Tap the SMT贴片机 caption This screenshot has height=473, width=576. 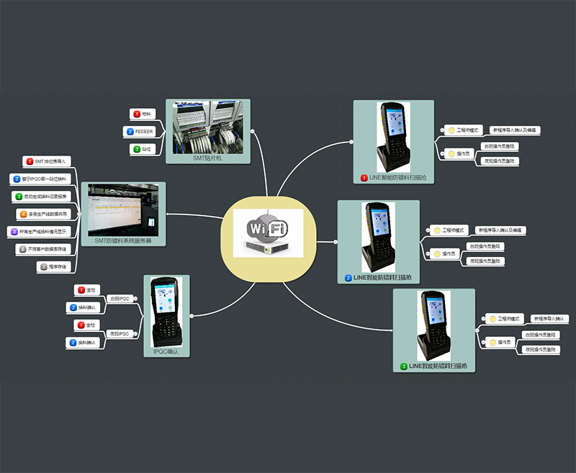click(x=207, y=158)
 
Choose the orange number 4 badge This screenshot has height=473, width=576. click(x=24, y=214)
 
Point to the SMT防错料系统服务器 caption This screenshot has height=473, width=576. click(x=124, y=242)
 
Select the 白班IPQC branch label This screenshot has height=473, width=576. click(x=120, y=298)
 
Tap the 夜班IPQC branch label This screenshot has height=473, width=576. click(x=120, y=334)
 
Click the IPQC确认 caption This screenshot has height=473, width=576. click(x=168, y=352)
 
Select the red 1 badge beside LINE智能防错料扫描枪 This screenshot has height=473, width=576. click(x=364, y=177)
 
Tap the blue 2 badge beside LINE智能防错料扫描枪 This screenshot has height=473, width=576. click(x=348, y=277)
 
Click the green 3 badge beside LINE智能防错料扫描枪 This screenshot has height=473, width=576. click(x=404, y=366)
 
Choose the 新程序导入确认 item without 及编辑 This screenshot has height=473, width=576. click(x=549, y=318)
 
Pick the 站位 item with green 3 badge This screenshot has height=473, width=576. click(x=146, y=149)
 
